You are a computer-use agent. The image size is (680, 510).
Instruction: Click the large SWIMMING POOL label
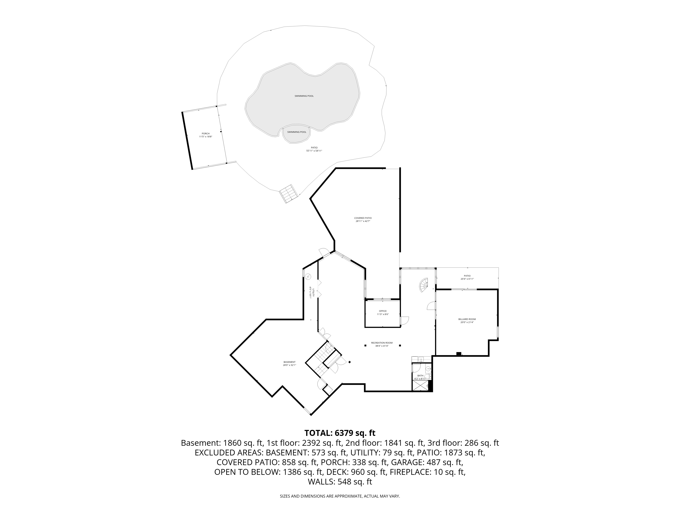coord(304,96)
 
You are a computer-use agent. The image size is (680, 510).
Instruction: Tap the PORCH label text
coord(206,133)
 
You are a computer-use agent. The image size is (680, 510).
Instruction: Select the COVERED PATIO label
coord(363,218)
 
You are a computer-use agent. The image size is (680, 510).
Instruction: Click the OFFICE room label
coord(383,311)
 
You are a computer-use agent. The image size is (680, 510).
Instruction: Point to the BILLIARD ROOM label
coord(467,319)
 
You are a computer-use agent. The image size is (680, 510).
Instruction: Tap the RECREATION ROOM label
coord(382,343)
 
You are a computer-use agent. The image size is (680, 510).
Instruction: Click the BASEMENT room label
coord(289,362)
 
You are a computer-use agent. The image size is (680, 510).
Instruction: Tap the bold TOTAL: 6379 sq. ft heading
coord(340,433)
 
